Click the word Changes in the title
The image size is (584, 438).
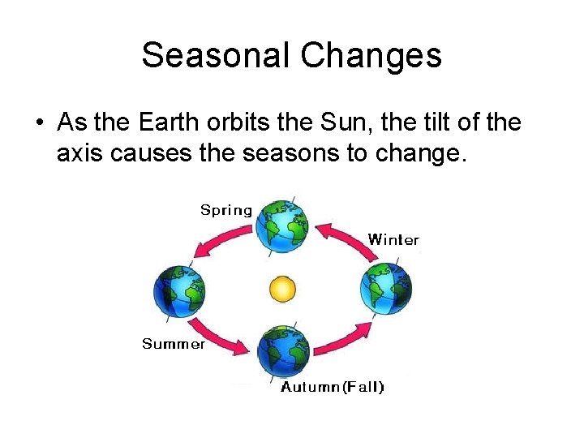371,55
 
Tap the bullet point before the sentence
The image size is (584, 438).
39,123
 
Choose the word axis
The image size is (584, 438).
79,152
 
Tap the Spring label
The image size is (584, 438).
226,210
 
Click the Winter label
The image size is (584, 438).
393,239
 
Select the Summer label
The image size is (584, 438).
174,344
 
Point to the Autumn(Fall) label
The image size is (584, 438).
333,387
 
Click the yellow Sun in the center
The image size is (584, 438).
282,288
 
